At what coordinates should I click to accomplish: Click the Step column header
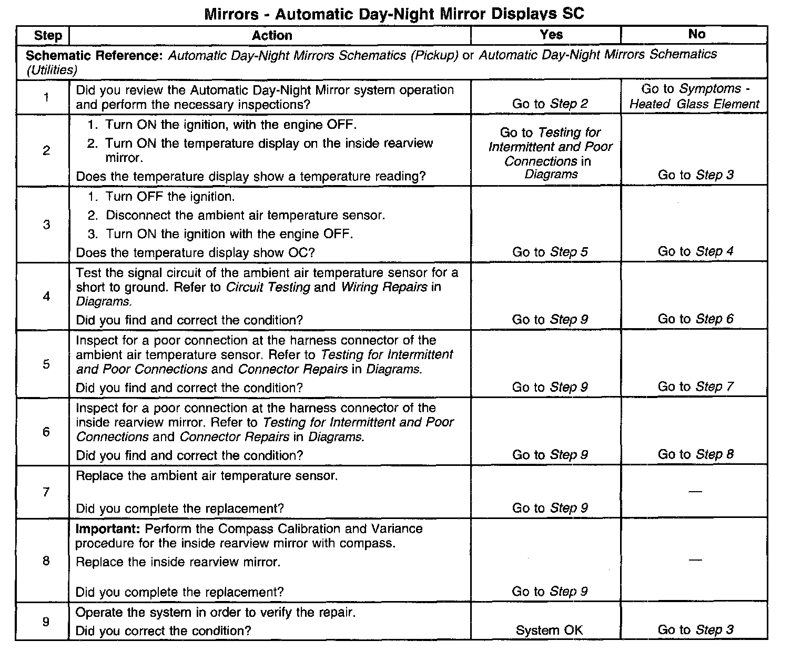pyautogui.click(x=47, y=36)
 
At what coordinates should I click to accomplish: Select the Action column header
pyautogui.click(x=271, y=36)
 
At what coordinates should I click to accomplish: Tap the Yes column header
pyautogui.click(x=551, y=35)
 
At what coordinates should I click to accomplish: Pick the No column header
pyautogui.click(x=696, y=34)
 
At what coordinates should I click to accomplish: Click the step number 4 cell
pyautogui.click(x=46, y=297)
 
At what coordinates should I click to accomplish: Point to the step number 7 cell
pyautogui.click(x=46, y=492)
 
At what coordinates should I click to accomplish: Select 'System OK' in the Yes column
pyautogui.click(x=549, y=630)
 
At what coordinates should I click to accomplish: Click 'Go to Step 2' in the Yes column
pyautogui.click(x=550, y=104)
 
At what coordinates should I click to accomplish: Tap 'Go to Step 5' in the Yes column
pyautogui.click(x=550, y=252)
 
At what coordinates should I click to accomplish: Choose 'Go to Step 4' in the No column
pyautogui.click(x=695, y=251)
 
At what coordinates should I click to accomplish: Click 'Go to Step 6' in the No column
pyautogui.click(x=695, y=319)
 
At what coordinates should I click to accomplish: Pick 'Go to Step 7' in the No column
pyautogui.click(x=695, y=387)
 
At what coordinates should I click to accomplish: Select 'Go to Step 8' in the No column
pyautogui.click(x=695, y=454)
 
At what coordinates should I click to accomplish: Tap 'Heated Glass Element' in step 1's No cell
pyautogui.click(x=694, y=104)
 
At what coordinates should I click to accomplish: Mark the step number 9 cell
pyautogui.click(x=46, y=622)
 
